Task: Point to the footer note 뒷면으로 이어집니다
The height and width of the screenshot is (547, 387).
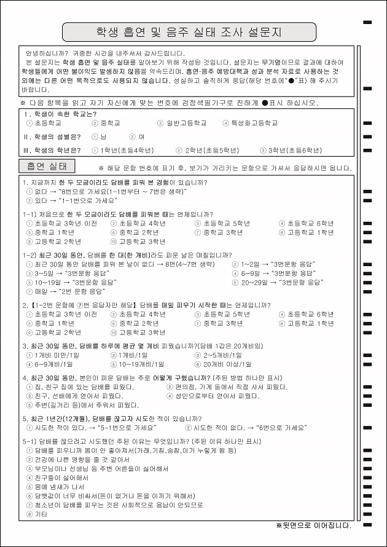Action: pyautogui.click(x=314, y=525)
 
